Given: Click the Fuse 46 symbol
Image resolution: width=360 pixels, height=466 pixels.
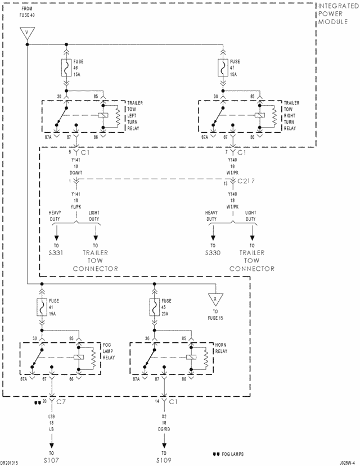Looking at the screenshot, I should click(x=67, y=69).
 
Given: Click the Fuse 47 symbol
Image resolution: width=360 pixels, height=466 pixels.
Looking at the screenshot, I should click(x=223, y=69).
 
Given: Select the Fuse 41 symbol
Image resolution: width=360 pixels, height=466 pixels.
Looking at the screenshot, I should click(x=42, y=307).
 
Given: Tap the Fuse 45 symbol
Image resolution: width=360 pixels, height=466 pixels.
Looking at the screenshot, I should click(x=153, y=307).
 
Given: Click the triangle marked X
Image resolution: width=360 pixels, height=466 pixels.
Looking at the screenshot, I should click(x=214, y=297).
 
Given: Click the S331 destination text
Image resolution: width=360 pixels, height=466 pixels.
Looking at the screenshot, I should click(x=56, y=253).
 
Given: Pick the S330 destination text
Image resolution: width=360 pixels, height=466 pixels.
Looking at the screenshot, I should click(x=213, y=253).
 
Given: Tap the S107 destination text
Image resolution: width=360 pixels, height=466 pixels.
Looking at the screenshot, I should click(x=52, y=460).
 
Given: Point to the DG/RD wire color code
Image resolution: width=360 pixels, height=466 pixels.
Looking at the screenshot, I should click(x=164, y=429).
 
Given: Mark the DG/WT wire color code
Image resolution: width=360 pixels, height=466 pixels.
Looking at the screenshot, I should click(x=75, y=173).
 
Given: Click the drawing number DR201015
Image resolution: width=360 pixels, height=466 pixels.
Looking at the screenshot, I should click(x=11, y=462).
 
